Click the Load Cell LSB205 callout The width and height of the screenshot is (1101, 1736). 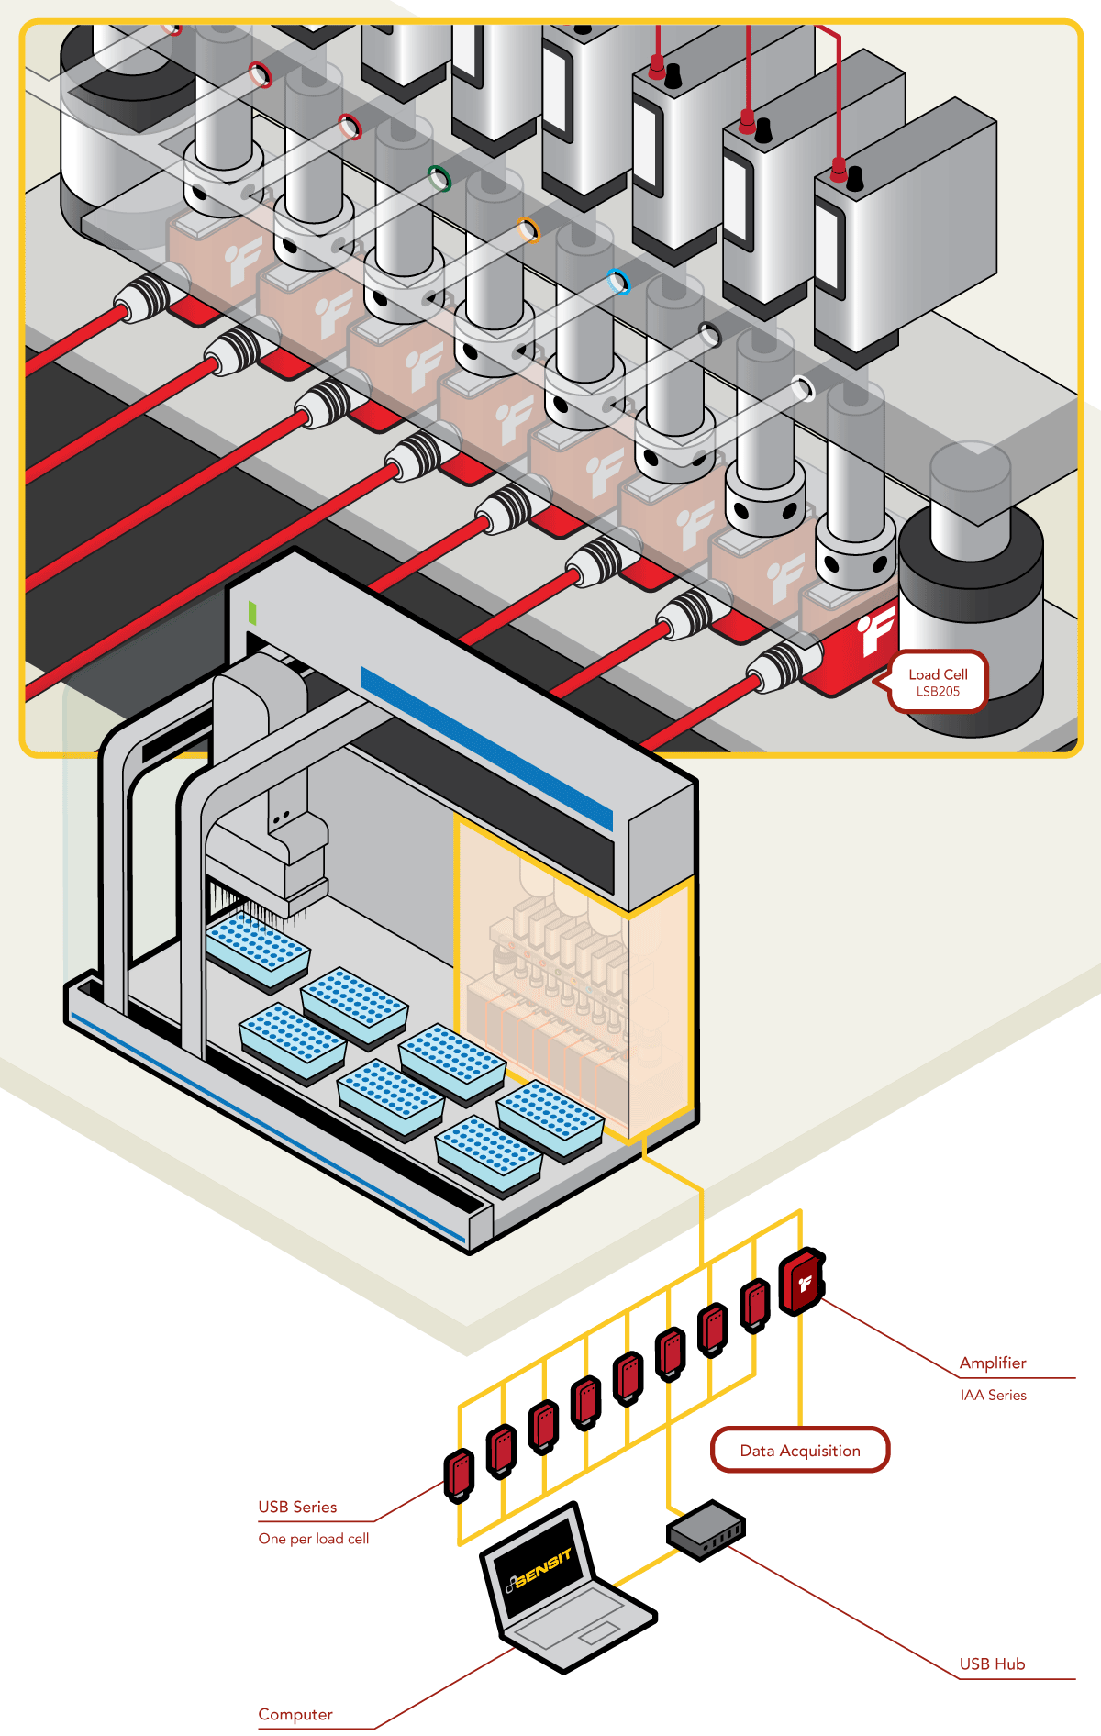(x=938, y=682)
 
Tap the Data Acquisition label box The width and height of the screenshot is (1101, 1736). (x=800, y=1451)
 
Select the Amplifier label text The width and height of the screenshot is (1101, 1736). (x=993, y=1363)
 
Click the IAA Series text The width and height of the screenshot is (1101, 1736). (x=993, y=1395)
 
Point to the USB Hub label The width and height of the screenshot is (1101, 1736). (x=992, y=1664)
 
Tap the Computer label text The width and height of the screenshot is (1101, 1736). (x=295, y=1715)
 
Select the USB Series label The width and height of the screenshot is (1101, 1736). (x=297, y=1507)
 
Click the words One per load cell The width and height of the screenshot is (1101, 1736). (x=314, y=1539)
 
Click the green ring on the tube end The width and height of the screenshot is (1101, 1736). (x=440, y=178)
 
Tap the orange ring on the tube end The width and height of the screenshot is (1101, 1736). (x=528, y=229)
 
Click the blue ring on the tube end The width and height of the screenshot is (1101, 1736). (x=619, y=282)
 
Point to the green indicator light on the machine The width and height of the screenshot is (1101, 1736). (x=252, y=613)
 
